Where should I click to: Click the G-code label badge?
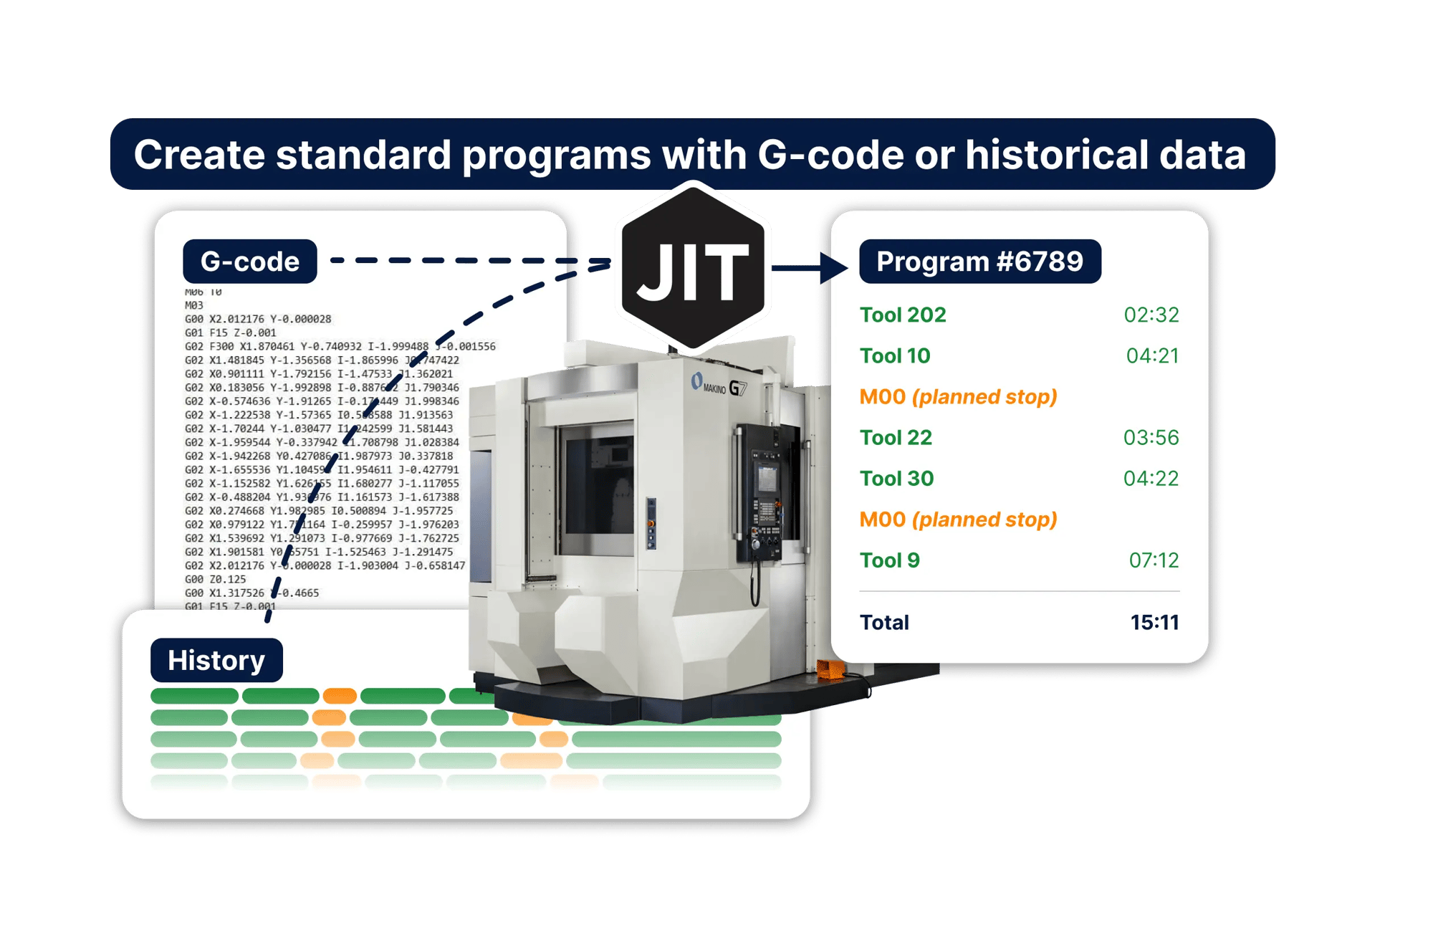click(249, 262)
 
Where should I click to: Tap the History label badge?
click(216, 660)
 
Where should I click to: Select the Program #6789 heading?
click(979, 262)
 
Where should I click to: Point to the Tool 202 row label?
click(903, 315)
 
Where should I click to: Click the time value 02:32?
click(1151, 315)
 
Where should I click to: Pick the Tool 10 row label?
click(895, 355)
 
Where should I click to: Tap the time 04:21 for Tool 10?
click(1152, 355)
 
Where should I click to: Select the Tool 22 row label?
click(896, 437)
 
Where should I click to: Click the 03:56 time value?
click(1151, 437)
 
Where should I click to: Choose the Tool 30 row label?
click(896, 478)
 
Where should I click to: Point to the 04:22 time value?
click(1151, 478)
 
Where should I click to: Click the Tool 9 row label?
click(889, 560)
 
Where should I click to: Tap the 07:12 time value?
click(1154, 560)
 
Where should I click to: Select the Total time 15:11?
click(1154, 622)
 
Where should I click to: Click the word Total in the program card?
click(884, 622)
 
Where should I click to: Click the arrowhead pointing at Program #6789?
click(834, 269)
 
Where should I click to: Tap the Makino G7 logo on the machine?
click(719, 386)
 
